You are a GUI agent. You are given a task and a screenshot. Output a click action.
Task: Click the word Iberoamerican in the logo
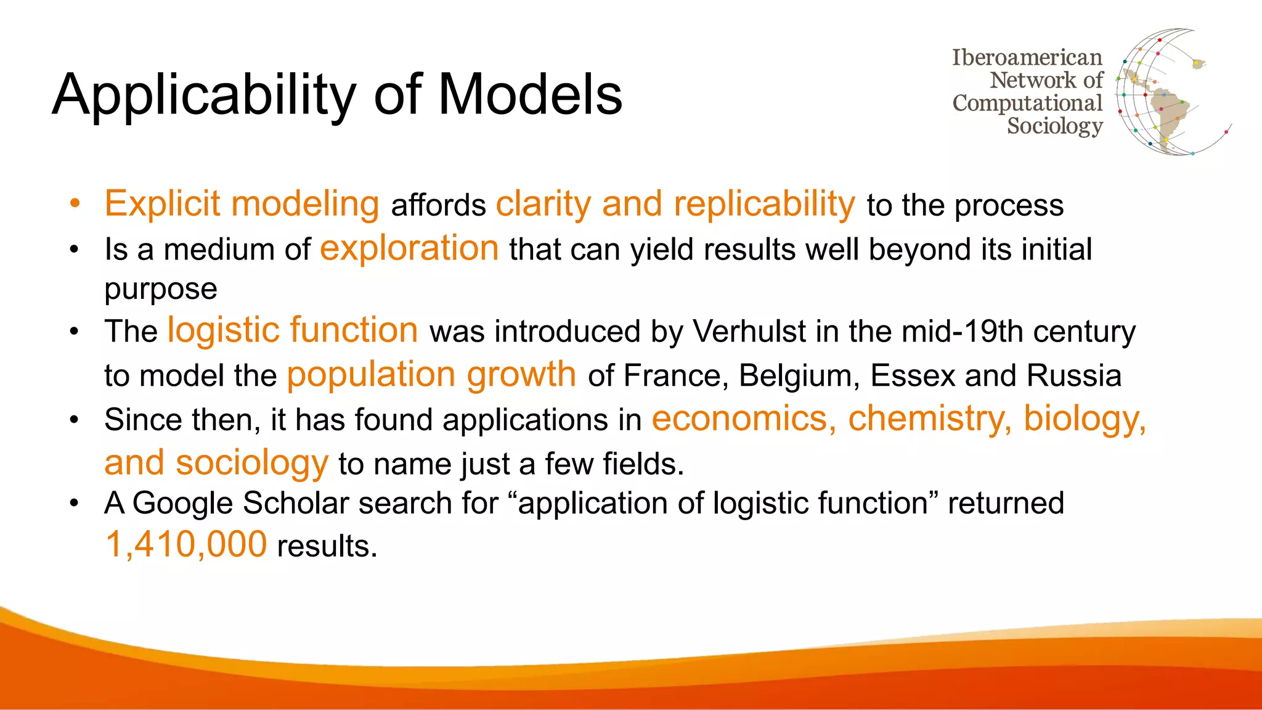click(x=1027, y=57)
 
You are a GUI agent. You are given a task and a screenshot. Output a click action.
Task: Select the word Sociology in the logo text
click(x=1054, y=126)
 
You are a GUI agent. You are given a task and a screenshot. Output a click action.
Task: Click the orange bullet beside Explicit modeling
click(x=75, y=203)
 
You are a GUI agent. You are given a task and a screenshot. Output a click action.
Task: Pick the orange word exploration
click(x=409, y=248)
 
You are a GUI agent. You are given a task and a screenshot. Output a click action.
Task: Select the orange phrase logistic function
click(x=293, y=330)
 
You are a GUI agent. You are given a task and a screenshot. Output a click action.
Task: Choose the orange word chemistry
click(x=929, y=419)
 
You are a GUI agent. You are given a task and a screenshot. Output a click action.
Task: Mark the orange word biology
click(x=1085, y=419)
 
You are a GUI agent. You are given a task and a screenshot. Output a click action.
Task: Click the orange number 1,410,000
click(x=186, y=545)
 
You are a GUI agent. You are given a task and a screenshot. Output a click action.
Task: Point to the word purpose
click(x=161, y=290)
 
